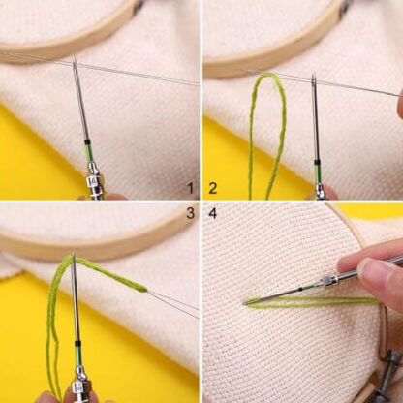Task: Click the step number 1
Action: tap(191, 188)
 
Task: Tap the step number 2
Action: tap(213, 188)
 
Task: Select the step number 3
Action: tap(191, 213)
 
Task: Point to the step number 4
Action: tap(213, 213)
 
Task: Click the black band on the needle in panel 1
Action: tap(87, 141)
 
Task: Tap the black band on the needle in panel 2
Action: tap(317, 161)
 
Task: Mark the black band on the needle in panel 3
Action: tap(77, 343)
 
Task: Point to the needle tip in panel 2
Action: tap(313, 77)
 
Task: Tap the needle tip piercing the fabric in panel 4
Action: tap(245, 303)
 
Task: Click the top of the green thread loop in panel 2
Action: tap(267, 75)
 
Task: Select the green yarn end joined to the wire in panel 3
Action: tap(144, 289)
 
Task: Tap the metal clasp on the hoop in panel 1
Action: tap(139, 6)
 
